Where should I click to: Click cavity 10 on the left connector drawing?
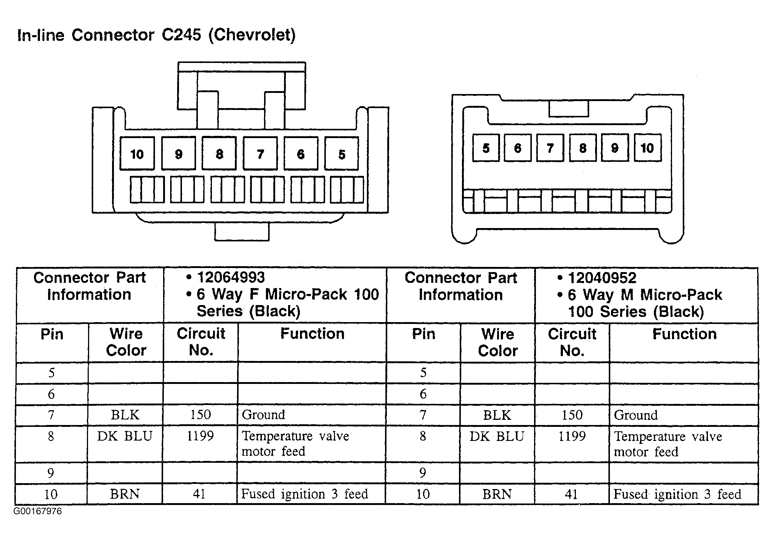137,153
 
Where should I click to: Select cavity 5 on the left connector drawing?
342,153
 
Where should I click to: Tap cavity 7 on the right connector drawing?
550,148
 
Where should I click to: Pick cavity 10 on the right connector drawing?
648,148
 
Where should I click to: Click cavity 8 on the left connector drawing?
219,153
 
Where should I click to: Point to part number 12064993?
231,277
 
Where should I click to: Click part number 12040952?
602,278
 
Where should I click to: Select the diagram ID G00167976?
38,511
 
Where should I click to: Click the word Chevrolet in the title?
252,35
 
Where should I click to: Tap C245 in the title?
181,35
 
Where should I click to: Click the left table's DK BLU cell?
125,436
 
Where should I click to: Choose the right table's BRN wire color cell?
497,494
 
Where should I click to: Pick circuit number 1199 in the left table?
200,436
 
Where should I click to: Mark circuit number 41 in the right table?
571,494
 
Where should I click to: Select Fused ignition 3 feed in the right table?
677,494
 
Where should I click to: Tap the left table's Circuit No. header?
201,342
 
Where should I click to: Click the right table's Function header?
684,334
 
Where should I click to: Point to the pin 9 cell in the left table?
51,473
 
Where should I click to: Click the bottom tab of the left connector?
242,232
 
